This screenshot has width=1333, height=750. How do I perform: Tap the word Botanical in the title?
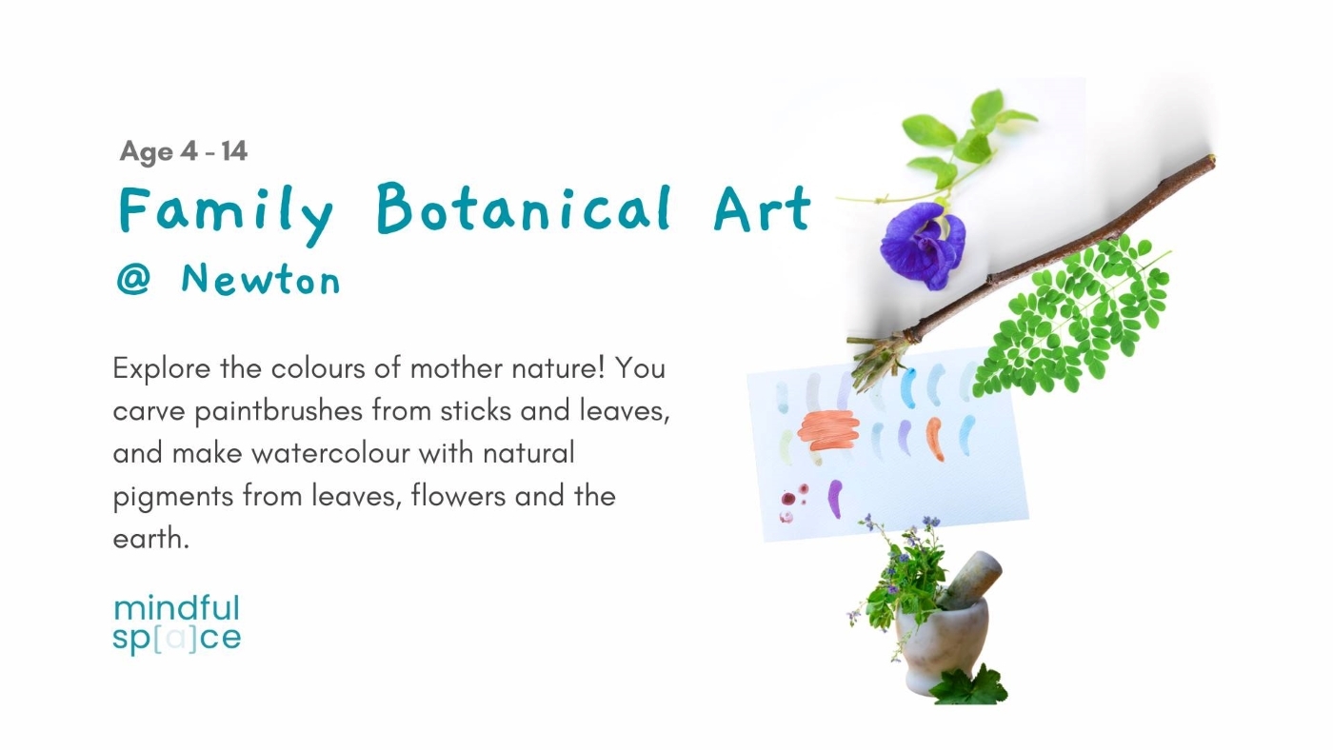[x=524, y=207]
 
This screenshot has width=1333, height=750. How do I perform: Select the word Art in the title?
[x=762, y=207]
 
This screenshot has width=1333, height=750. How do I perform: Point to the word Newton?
[x=260, y=280]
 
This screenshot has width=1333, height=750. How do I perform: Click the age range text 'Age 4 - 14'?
[x=184, y=151]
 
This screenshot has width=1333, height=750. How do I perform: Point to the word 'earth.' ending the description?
[x=151, y=539]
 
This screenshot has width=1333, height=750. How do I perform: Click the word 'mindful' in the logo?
[x=176, y=608]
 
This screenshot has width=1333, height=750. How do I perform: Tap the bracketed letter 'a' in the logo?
[x=175, y=638]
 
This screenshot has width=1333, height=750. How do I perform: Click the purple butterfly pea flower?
[x=922, y=244]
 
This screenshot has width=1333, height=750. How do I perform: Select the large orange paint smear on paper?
[x=828, y=429]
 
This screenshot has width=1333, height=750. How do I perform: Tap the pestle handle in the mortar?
[x=973, y=578]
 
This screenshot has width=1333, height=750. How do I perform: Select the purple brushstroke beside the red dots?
[x=835, y=498]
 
